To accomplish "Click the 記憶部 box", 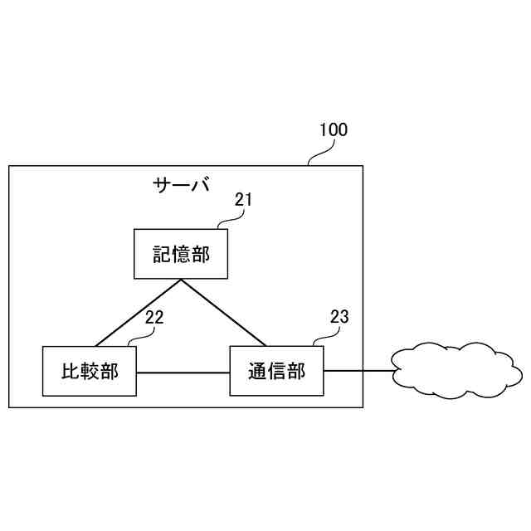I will coord(181,254).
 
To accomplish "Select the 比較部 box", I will coord(90,371).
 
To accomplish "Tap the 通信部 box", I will coord(276,371).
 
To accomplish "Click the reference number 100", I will coord(334,129).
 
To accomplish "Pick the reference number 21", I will coord(242,199).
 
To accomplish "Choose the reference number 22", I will coord(154,316).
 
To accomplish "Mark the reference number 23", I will coord(339,316).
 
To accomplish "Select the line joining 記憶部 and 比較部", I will coord(139,313).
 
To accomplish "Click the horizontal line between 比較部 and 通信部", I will coord(183,373).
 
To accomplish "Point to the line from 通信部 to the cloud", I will coord(358,371).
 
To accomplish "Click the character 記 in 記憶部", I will coord(161,254).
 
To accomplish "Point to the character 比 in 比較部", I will coord(71,371).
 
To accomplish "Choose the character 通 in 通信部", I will coord(257,371).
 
